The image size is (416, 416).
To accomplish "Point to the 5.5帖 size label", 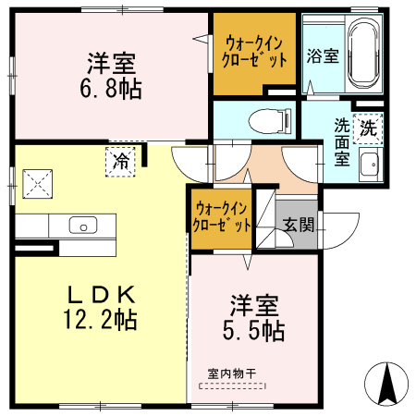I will (253, 329).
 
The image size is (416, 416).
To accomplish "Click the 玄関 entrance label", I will (298, 225).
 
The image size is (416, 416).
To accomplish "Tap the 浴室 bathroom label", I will (323, 55).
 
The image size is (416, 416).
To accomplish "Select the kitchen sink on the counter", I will (81, 226).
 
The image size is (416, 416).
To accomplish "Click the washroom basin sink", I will (369, 167).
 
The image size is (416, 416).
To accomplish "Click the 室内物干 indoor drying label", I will (232, 373).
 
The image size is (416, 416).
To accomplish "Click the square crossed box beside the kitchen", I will (39, 182).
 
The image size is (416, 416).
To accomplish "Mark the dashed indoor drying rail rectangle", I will (232, 385).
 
